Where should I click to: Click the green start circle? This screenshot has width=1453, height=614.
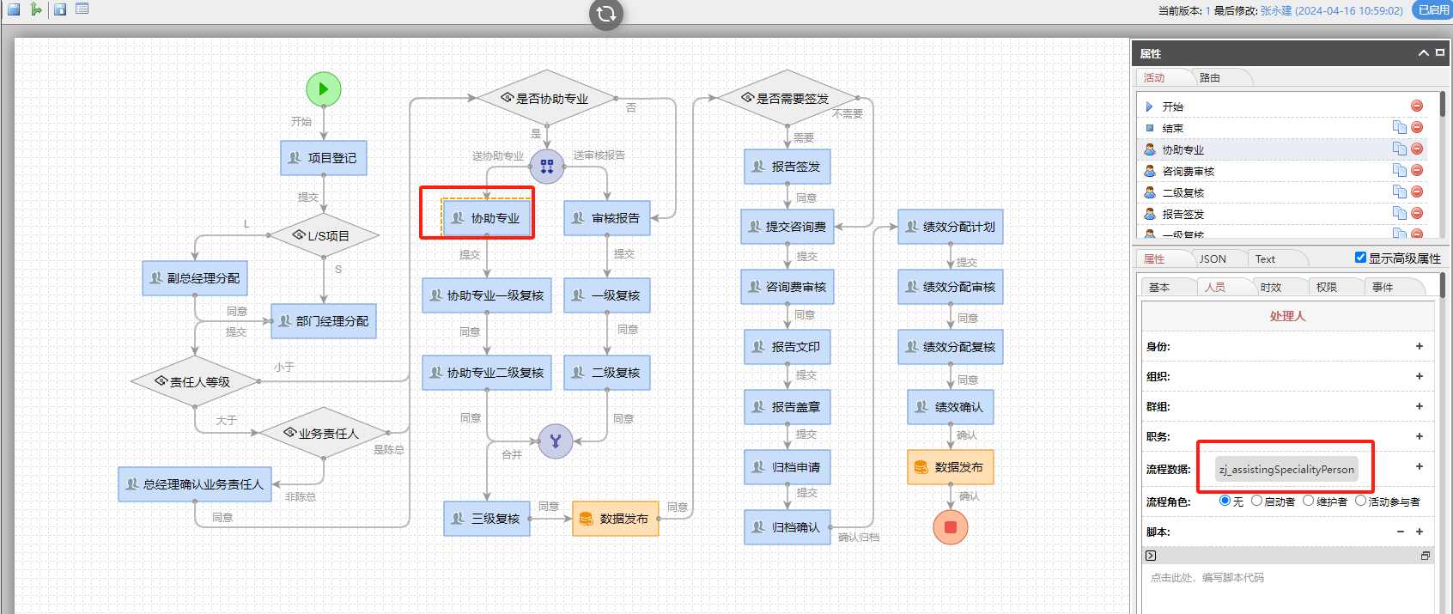click(x=324, y=88)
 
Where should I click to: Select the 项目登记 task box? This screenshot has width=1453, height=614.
click(x=324, y=158)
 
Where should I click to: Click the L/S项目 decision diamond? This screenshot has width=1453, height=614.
click(x=324, y=235)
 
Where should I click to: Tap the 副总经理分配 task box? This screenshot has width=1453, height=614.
click(x=195, y=278)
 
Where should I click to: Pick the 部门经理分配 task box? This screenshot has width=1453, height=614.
click(x=324, y=321)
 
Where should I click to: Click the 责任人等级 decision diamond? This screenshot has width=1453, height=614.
click(x=195, y=381)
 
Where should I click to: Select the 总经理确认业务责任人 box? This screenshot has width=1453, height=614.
click(x=195, y=484)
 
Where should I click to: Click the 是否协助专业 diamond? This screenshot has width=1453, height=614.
click(x=546, y=98)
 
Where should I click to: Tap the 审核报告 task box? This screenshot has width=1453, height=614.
click(x=607, y=218)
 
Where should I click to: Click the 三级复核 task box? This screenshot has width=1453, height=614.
click(x=487, y=519)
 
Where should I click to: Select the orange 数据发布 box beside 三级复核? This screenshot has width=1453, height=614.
click(x=616, y=519)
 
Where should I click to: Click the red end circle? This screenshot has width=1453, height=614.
click(x=951, y=527)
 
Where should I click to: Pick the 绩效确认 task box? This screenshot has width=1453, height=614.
click(x=951, y=407)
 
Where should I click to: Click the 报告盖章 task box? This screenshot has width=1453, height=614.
click(x=787, y=407)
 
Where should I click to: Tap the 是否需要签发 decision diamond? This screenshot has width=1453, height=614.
click(x=787, y=98)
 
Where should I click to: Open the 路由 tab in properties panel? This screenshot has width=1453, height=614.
click(x=1210, y=77)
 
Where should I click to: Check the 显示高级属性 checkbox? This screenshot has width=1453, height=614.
click(x=1360, y=258)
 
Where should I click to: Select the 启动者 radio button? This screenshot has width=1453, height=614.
click(x=1257, y=501)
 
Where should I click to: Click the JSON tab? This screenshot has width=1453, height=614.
click(x=1213, y=258)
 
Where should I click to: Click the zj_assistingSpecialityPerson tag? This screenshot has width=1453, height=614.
click(x=1286, y=469)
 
